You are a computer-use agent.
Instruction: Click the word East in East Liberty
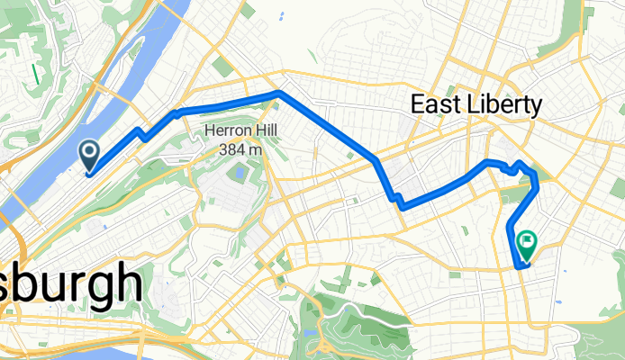pos(436,105)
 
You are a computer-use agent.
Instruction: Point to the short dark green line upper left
pos(35,72)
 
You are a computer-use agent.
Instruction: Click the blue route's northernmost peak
pos(279,92)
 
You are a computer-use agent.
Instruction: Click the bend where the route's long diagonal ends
pos(376,161)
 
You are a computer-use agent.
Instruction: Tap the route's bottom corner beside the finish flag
pos(520,265)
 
